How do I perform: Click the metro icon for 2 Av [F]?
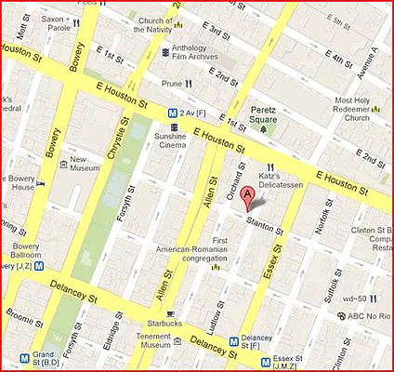173,113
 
